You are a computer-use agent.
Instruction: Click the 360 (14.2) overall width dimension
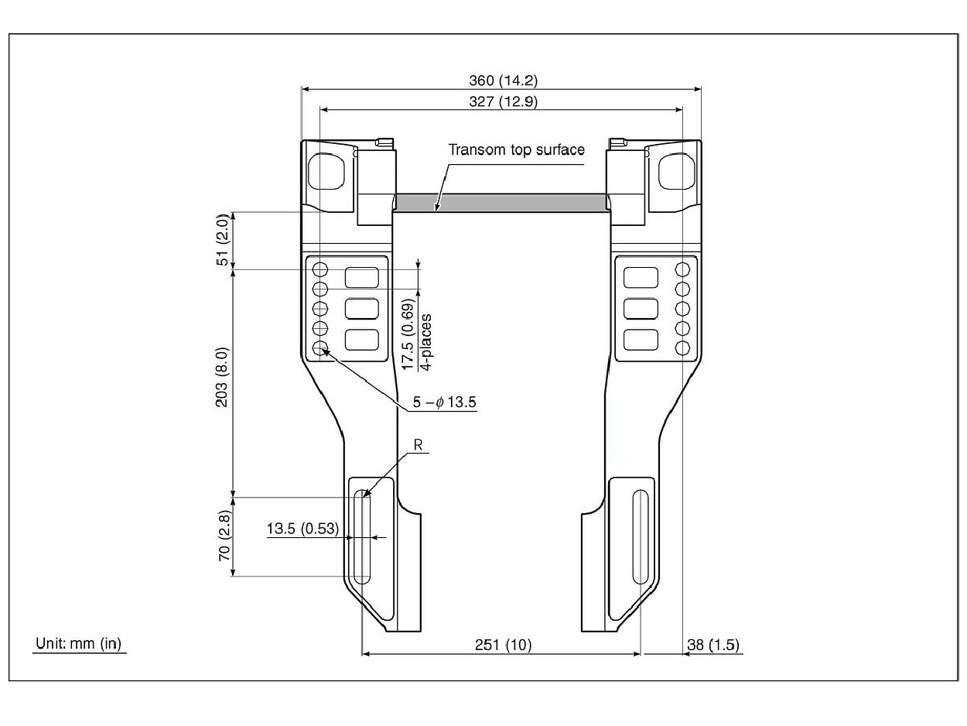click(503, 80)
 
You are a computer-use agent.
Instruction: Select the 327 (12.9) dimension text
click(503, 101)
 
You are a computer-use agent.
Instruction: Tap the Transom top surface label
click(517, 149)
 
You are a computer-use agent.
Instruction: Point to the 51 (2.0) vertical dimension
click(223, 241)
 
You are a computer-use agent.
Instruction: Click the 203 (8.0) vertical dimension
click(223, 383)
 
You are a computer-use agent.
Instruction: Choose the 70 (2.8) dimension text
click(224, 536)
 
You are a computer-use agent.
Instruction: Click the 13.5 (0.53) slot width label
click(302, 529)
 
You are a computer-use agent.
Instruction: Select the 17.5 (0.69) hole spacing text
click(408, 335)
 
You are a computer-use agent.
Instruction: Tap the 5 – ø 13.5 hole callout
click(444, 402)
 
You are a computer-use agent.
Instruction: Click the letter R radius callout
click(418, 445)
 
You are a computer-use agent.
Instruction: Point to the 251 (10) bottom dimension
click(503, 645)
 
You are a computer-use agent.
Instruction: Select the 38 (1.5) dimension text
click(713, 645)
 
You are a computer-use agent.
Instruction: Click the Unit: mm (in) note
click(79, 643)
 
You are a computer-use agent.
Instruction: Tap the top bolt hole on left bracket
click(320, 270)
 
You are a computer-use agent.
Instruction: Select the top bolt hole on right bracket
click(682, 270)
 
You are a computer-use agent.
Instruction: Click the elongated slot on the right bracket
click(640, 536)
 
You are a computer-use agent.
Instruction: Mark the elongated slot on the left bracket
click(361, 536)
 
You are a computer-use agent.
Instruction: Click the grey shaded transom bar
click(501, 203)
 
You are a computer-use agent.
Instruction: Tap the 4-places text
click(426, 335)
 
